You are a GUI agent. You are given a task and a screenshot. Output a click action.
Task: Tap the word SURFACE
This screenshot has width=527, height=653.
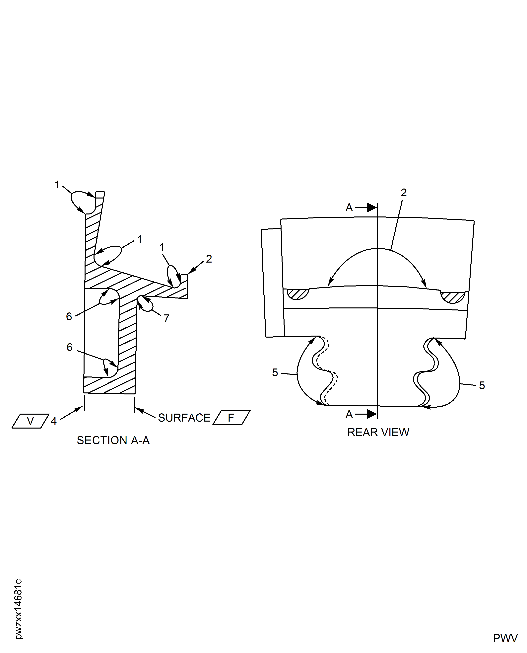(x=184, y=418)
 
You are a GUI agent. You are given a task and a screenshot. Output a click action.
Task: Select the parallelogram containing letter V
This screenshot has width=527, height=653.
(x=30, y=421)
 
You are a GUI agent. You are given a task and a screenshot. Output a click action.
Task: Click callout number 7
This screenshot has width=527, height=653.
(x=166, y=318)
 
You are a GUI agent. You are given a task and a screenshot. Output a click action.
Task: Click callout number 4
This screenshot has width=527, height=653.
(x=54, y=421)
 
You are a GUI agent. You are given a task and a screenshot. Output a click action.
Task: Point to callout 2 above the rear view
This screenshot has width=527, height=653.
(x=403, y=193)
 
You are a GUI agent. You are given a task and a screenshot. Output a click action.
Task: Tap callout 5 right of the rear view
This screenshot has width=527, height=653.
(x=482, y=385)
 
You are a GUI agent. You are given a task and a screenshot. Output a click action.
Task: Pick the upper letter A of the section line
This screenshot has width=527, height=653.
(x=349, y=208)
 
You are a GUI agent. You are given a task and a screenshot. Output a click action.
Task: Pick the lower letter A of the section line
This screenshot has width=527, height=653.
(x=349, y=414)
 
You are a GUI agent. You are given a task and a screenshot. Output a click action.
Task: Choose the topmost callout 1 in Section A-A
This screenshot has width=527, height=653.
(x=57, y=185)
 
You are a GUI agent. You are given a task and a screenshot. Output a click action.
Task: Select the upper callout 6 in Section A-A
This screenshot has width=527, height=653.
(x=69, y=316)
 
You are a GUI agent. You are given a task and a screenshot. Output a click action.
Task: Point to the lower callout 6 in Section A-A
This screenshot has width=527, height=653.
(x=70, y=347)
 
